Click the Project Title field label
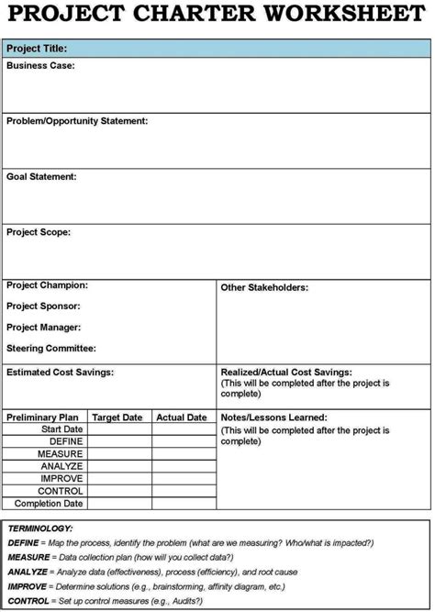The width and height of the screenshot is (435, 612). click(x=37, y=48)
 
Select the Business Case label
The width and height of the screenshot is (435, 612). click(x=40, y=66)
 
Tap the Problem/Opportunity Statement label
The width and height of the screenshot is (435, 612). click(x=77, y=121)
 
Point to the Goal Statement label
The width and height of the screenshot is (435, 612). click(x=41, y=176)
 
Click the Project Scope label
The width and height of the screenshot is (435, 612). click(x=39, y=232)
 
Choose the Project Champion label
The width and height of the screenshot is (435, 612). click(x=47, y=285)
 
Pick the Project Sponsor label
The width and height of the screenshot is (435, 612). click(x=43, y=306)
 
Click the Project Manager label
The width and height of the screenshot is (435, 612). click(x=44, y=328)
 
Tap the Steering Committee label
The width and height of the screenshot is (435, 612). click(x=51, y=349)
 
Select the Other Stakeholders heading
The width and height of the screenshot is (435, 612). click(x=264, y=287)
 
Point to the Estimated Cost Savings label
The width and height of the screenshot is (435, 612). click(x=61, y=372)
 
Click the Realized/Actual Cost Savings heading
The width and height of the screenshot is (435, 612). click(x=286, y=373)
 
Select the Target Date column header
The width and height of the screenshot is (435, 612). click(x=117, y=417)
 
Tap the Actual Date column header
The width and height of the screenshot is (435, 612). click(x=182, y=417)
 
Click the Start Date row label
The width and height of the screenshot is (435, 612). click(x=61, y=429)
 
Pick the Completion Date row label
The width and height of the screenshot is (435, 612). click(x=50, y=504)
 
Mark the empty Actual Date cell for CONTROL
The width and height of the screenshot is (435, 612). click(x=184, y=491)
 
